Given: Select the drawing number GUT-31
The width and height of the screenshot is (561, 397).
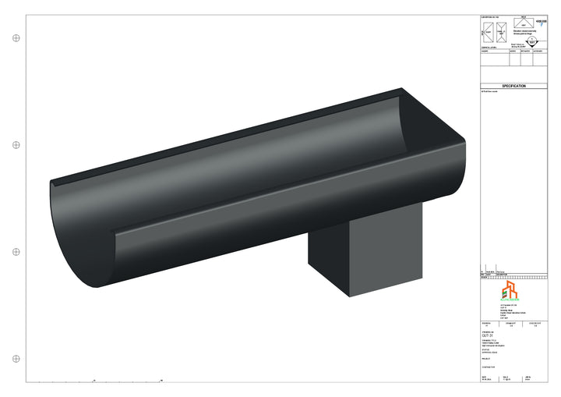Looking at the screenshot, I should [489, 336].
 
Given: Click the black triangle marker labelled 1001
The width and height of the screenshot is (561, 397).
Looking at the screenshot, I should [531, 42].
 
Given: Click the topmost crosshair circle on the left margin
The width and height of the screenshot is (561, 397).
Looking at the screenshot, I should [16, 37].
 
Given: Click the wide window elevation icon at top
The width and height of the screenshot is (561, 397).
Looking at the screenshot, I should [523, 21].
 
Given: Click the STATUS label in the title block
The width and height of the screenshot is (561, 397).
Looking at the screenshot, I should [486, 350].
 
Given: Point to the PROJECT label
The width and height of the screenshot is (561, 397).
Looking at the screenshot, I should [487, 360].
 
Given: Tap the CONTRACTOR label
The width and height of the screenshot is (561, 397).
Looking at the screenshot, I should [489, 367].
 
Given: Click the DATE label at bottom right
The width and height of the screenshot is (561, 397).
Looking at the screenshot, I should [485, 376].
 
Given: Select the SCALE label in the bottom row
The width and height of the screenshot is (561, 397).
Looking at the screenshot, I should [506, 376].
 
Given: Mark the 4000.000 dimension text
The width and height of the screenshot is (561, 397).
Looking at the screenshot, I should [542, 21].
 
